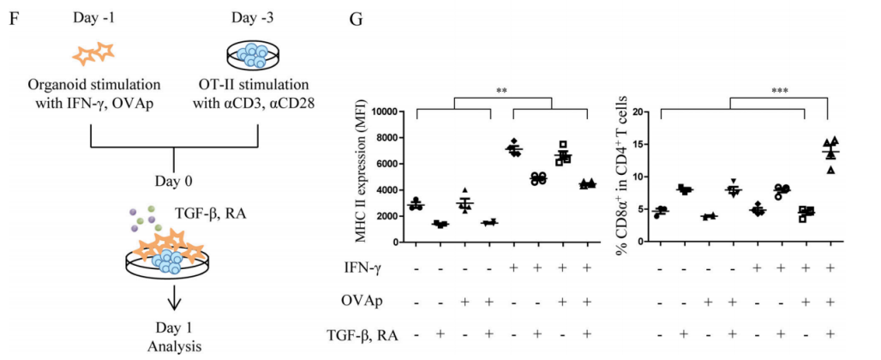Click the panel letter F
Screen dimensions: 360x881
tap(13, 17)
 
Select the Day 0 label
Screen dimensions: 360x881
tap(174, 182)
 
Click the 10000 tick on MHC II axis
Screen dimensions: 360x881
tap(387, 112)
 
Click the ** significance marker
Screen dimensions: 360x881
tap(501, 88)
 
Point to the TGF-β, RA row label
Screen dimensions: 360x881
tap(365, 333)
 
